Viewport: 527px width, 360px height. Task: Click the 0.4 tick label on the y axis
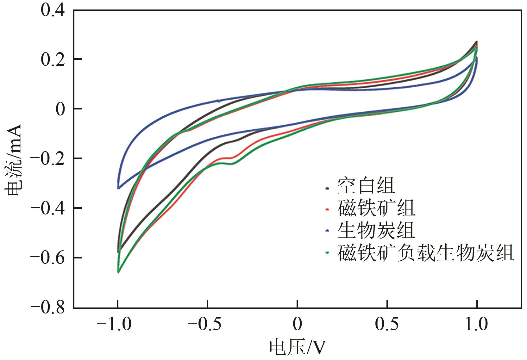click(x=52, y=10)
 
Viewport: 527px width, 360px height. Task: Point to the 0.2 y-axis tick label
click(x=52, y=59)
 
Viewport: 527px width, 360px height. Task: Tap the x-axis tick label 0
click(x=297, y=325)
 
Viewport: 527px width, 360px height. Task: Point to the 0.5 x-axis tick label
click(x=387, y=325)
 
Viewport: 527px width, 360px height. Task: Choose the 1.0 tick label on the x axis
click(x=477, y=325)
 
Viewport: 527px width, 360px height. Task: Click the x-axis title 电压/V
click(x=297, y=348)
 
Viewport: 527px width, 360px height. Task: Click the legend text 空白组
click(x=366, y=186)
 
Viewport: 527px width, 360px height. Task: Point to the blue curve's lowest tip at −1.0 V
click(x=118, y=188)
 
